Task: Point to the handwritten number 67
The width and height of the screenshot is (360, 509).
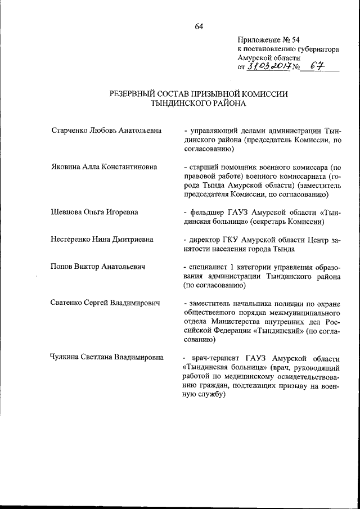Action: pos(318,67)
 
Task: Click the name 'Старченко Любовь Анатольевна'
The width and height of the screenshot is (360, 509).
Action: pos(106,130)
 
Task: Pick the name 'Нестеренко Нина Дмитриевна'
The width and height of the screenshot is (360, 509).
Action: pos(102,240)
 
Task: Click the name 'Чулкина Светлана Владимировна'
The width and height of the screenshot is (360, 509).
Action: pos(107,357)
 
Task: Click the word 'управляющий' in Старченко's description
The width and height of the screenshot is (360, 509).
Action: pos(213,130)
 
